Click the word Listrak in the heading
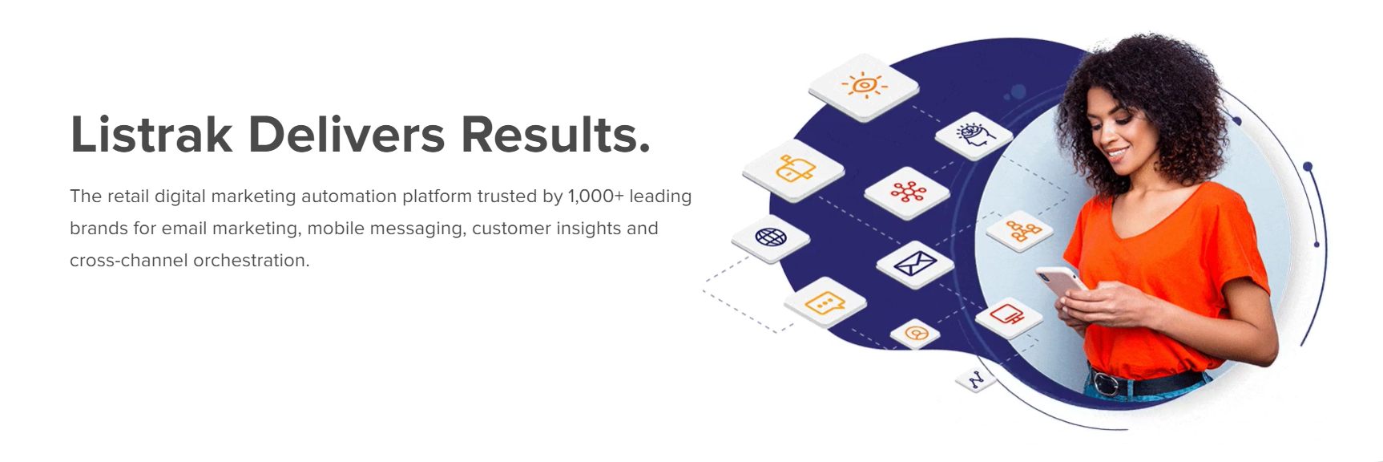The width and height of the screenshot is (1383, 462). pos(151,134)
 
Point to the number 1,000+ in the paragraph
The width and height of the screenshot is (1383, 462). pos(595,197)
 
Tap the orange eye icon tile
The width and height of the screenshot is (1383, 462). pos(864,86)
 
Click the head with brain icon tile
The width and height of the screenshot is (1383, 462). pos(974,135)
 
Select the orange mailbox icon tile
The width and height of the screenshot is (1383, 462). pos(793,169)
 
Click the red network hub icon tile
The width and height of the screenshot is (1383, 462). pos(907,192)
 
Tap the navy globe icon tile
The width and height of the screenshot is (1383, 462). pos(771,238)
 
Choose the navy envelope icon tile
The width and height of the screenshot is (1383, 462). pos(915,263)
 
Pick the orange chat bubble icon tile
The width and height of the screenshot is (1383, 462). pos(825,302)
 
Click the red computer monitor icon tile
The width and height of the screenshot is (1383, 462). pos(1008,315)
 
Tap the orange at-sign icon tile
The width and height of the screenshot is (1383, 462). pos(915,332)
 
